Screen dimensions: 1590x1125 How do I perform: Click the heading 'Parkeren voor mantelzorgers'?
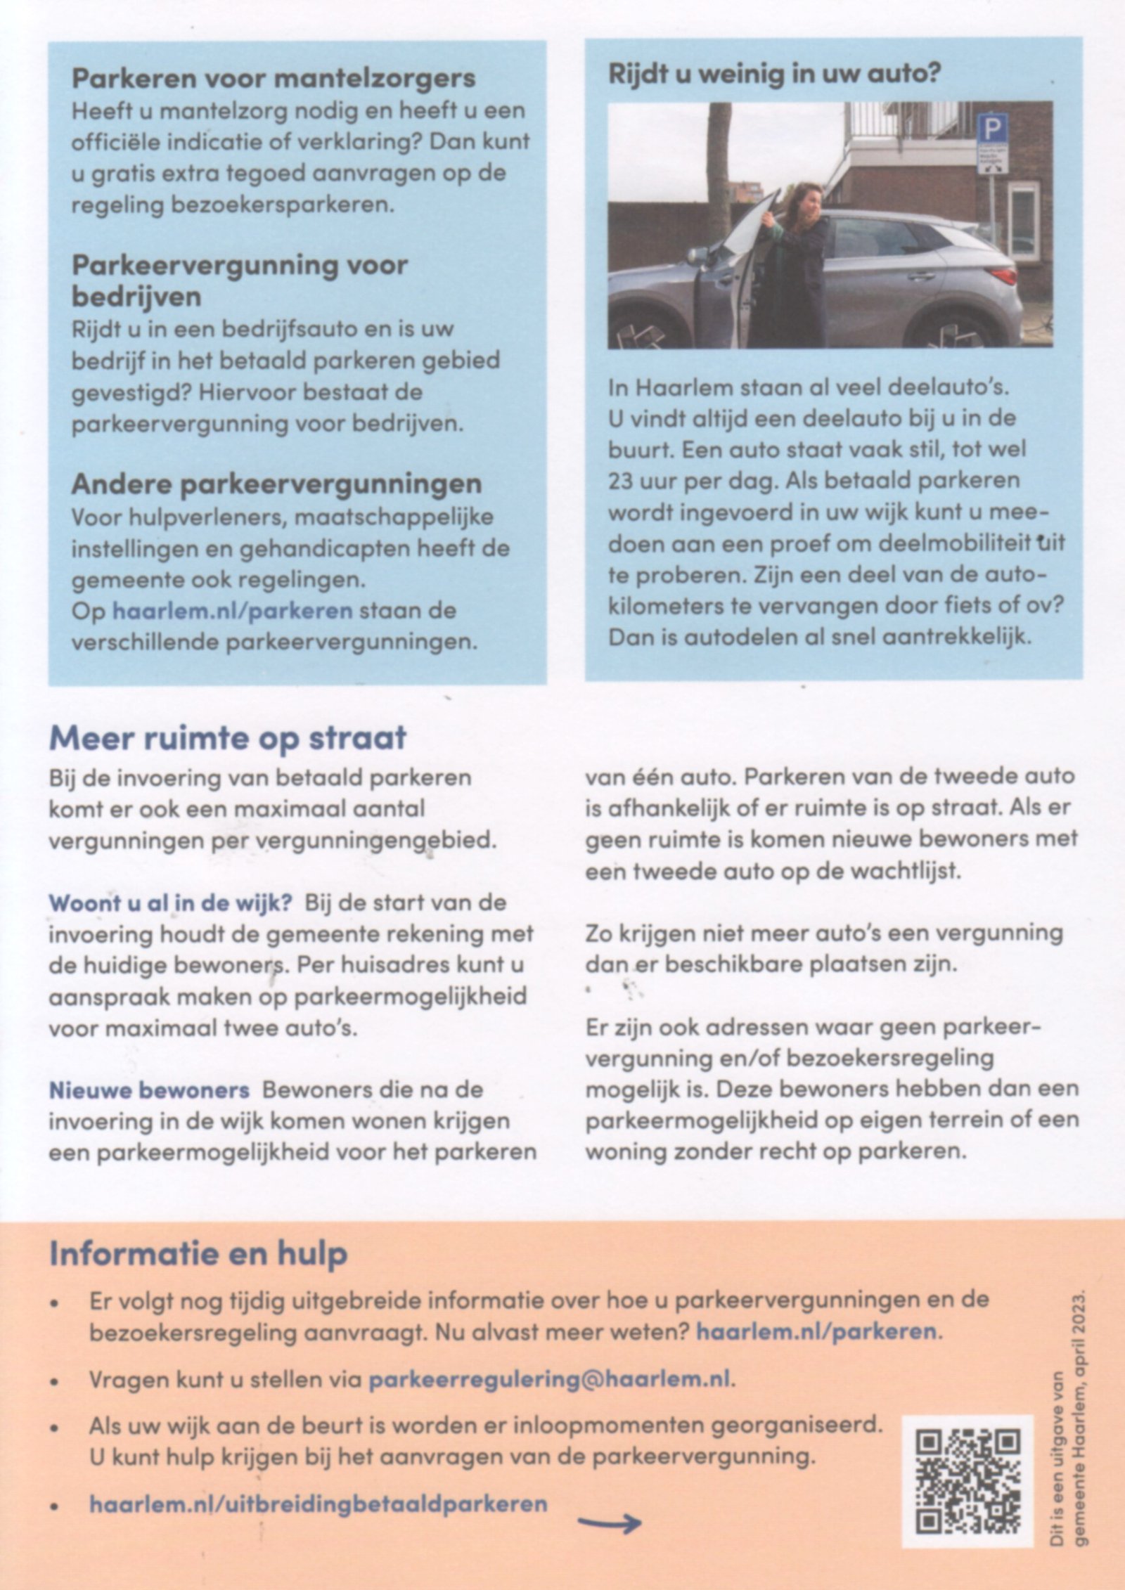click(x=274, y=78)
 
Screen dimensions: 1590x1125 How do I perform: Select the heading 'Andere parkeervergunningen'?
click(x=276, y=484)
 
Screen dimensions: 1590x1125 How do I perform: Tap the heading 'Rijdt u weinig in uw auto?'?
click(x=774, y=75)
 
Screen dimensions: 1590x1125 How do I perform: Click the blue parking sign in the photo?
click(x=991, y=129)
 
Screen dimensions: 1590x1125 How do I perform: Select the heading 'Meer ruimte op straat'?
click(x=227, y=737)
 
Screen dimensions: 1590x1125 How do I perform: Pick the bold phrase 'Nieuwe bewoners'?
click(x=148, y=1090)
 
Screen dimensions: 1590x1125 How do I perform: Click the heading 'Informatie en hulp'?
click(x=198, y=1254)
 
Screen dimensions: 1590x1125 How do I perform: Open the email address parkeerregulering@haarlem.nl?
click(x=550, y=1378)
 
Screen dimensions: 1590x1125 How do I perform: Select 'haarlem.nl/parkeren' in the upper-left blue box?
click(x=232, y=610)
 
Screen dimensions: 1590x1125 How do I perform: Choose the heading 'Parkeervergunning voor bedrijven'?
click(x=239, y=281)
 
